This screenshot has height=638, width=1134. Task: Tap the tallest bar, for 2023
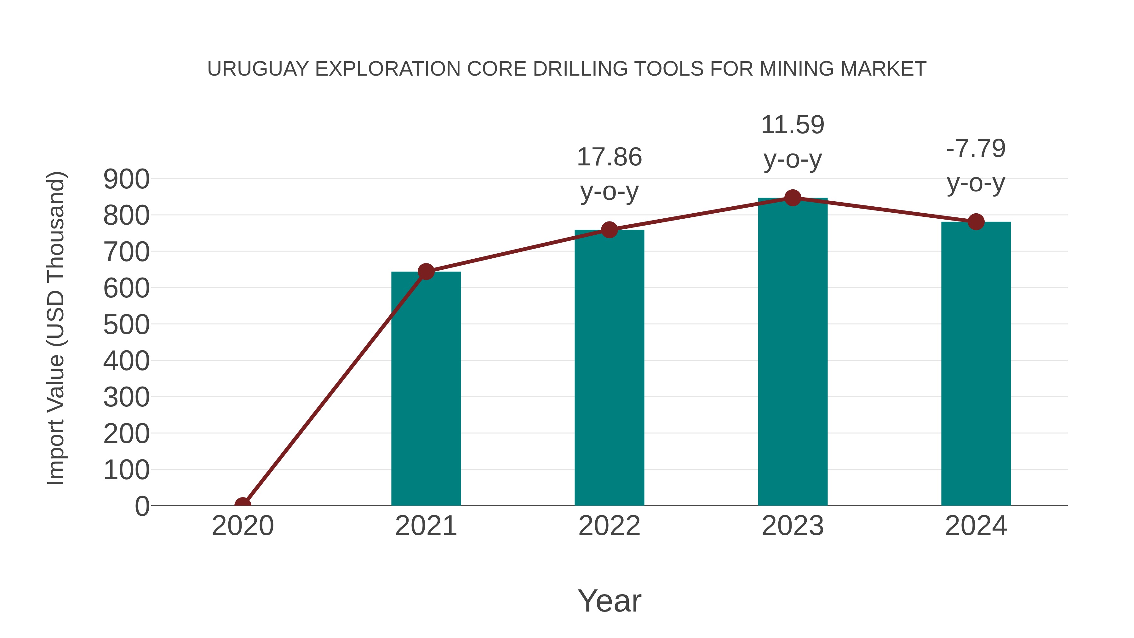pyautogui.click(x=793, y=352)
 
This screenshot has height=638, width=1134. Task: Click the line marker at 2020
pyautogui.click(x=243, y=505)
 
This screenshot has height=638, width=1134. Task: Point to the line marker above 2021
pyautogui.click(x=426, y=272)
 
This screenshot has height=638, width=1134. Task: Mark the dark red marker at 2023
pyautogui.click(x=793, y=198)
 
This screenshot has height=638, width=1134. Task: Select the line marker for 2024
pyautogui.click(x=976, y=221)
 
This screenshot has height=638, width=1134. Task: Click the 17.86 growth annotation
pyautogui.click(x=609, y=157)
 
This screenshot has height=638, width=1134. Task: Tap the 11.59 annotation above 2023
pyautogui.click(x=793, y=125)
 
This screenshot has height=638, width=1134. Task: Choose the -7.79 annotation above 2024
pyautogui.click(x=976, y=148)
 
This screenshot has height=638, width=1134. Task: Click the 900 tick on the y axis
pyautogui.click(x=126, y=179)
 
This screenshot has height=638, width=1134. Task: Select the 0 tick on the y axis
pyautogui.click(x=142, y=506)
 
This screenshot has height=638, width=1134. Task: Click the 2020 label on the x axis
pyautogui.click(x=243, y=526)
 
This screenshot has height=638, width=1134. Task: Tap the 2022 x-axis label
pyautogui.click(x=609, y=526)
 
